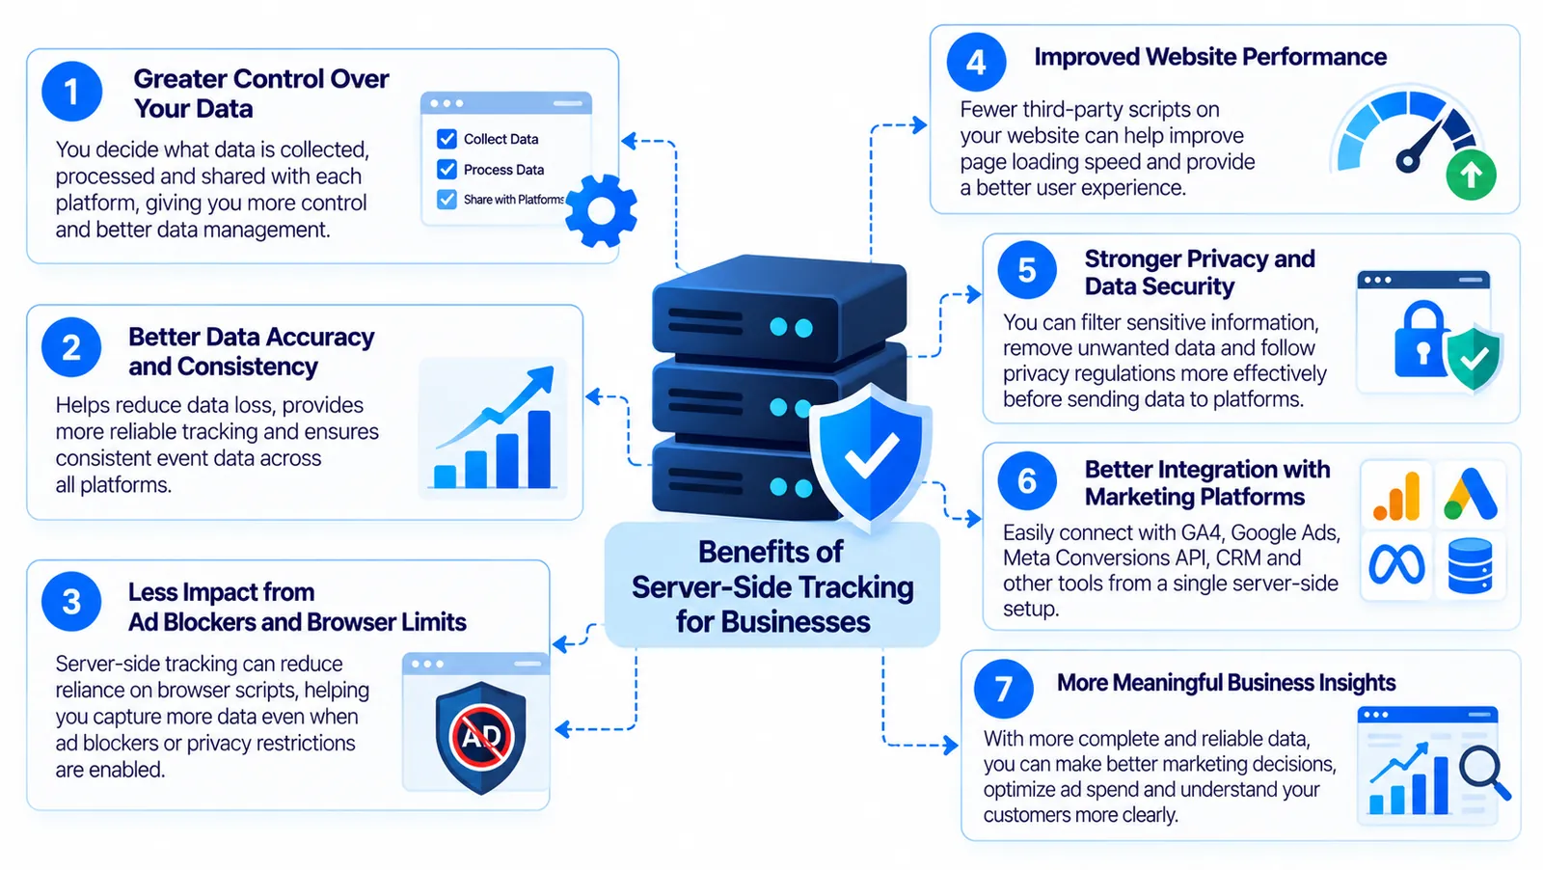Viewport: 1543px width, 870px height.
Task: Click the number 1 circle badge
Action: tap(71, 92)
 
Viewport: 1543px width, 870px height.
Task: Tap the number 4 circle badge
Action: tap(976, 62)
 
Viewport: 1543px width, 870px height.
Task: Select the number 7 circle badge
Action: tap(1004, 688)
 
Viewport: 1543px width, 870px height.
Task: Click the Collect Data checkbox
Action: tap(447, 139)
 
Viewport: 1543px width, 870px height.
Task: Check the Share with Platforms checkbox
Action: tap(447, 200)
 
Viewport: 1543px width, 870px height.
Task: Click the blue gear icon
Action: tap(601, 211)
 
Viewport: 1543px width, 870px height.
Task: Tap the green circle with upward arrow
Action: tap(1471, 175)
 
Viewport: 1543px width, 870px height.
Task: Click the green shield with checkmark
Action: tap(1475, 359)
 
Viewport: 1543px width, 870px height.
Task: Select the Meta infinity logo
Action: tap(1396, 564)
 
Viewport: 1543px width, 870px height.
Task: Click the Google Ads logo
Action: tap(1471, 493)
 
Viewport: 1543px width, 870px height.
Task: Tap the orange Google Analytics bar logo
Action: tap(1396, 495)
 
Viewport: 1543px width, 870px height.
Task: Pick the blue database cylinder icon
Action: tap(1471, 565)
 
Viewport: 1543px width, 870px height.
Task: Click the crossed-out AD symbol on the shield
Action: tap(481, 736)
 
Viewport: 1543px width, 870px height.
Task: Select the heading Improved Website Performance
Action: tap(1210, 57)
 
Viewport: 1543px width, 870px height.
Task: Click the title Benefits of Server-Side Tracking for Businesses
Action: tap(772, 586)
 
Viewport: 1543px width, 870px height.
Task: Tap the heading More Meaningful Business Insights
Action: tap(1226, 683)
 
